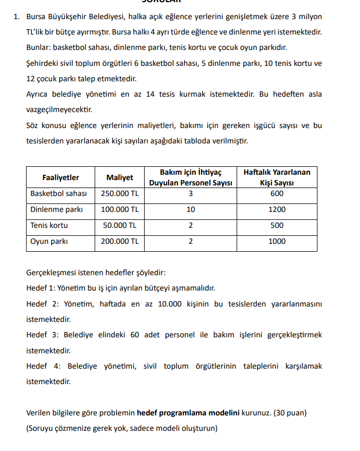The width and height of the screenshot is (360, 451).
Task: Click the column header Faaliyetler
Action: (x=61, y=177)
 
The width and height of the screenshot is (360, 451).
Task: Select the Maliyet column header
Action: (x=120, y=177)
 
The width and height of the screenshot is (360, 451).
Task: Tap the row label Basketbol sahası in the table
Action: (x=58, y=193)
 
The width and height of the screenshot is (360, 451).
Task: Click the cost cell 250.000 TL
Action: (x=120, y=193)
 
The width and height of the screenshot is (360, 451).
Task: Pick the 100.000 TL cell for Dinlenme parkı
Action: (x=120, y=209)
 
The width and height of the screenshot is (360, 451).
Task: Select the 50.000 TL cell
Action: (x=120, y=225)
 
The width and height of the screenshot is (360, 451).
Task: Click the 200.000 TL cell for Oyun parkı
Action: (x=120, y=241)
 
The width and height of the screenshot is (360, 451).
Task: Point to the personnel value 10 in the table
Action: (x=190, y=209)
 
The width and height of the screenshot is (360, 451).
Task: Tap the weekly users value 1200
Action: (x=277, y=209)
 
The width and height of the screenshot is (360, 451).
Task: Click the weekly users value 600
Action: (x=277, y=193)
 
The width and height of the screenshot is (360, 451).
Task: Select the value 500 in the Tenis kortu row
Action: (x=277, y=225)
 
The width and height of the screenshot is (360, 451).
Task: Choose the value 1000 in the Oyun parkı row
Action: (x=277, y=241)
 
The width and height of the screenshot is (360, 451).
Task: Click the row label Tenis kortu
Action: (x=49, y=225)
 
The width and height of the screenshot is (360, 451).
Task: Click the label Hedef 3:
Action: (x=43, y=335)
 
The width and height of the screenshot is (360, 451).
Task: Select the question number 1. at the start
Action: (x=17, y=16)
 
